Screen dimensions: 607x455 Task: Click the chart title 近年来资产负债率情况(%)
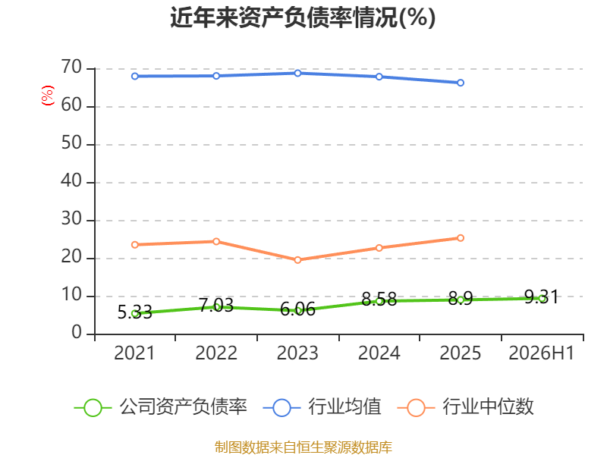pyautogui.click(x=303, y=17)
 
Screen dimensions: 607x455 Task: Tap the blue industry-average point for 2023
pyautogui.click(x=297, y=73)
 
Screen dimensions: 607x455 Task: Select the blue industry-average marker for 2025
pyautogui.click(x=461, y=83)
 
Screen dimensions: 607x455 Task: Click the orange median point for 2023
pyautogui.click(x=297, y=260)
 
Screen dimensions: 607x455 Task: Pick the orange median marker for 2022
pyautogui.click(x=216, y=241)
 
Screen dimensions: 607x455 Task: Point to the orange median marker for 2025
pyautogui.click(x=461, y=238)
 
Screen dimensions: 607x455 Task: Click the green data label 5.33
pyautogui.click(x=135, y=312)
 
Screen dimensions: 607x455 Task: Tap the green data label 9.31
pyautogui.click(x=542, y=297)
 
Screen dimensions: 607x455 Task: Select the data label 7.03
pyautogui.click(x=216, y=306)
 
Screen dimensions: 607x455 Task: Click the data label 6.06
pyautogui.click(x=297, y=309)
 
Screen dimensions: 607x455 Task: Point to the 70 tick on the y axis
pyautogui.click(x=71, y=67)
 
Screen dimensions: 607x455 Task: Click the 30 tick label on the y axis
pyautogui.click(x=71, y=219)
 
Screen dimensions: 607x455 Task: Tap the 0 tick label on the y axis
pyautogui.click(x=77, y=333)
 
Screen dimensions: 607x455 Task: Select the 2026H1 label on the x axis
pyautogui.click(x=542, y=353)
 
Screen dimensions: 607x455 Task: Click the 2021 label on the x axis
pyautogui.click(x=134, y=353)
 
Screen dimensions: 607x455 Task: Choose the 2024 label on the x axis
pyautogui.click(x=379, y=353)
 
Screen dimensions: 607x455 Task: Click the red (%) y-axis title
pyautogui.click(x=48, y=96)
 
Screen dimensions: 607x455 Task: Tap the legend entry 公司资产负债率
pyautogui.click(x=160, y=407)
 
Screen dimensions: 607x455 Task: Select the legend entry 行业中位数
pyautogui.click(x=466, y=407)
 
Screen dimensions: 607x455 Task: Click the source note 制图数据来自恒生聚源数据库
pyautogui.click(x=303, y=447)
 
